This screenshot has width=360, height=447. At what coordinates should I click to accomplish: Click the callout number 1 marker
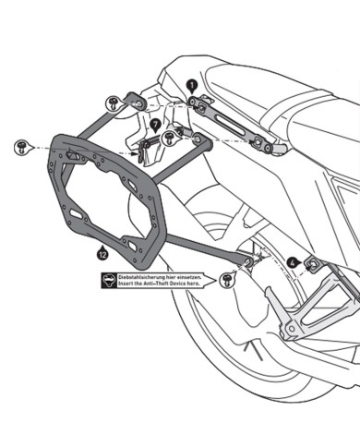[192, 83]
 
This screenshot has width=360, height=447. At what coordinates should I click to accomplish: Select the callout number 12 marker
[102, 248]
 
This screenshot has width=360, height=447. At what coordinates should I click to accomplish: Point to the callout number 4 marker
[292, 261]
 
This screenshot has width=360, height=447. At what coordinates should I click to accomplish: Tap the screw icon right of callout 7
[171, 139]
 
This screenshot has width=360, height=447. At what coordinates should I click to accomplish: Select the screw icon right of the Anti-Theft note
[227, 277]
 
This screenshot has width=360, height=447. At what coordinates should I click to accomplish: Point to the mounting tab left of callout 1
[136, 98]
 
